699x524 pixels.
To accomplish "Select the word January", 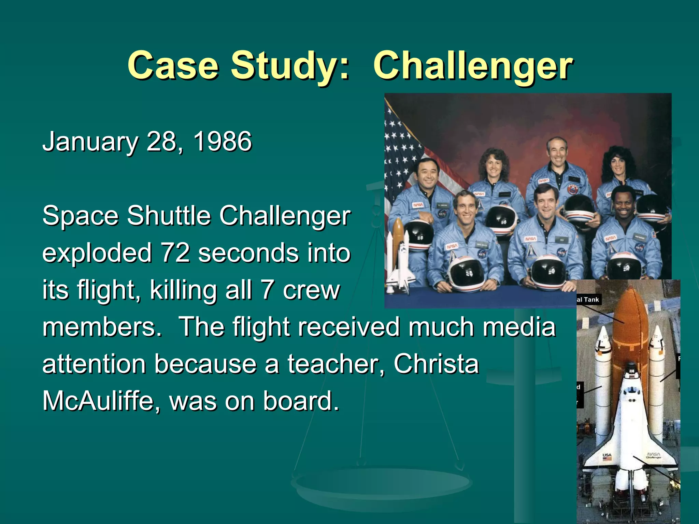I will pos(90,142).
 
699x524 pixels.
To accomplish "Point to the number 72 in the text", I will pos(175,253).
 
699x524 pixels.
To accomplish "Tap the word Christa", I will pos(436,364).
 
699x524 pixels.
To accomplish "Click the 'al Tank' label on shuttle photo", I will pos(588,300).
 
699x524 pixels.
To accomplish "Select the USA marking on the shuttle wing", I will pos(607,455).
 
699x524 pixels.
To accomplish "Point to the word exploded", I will pos(97,253).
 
